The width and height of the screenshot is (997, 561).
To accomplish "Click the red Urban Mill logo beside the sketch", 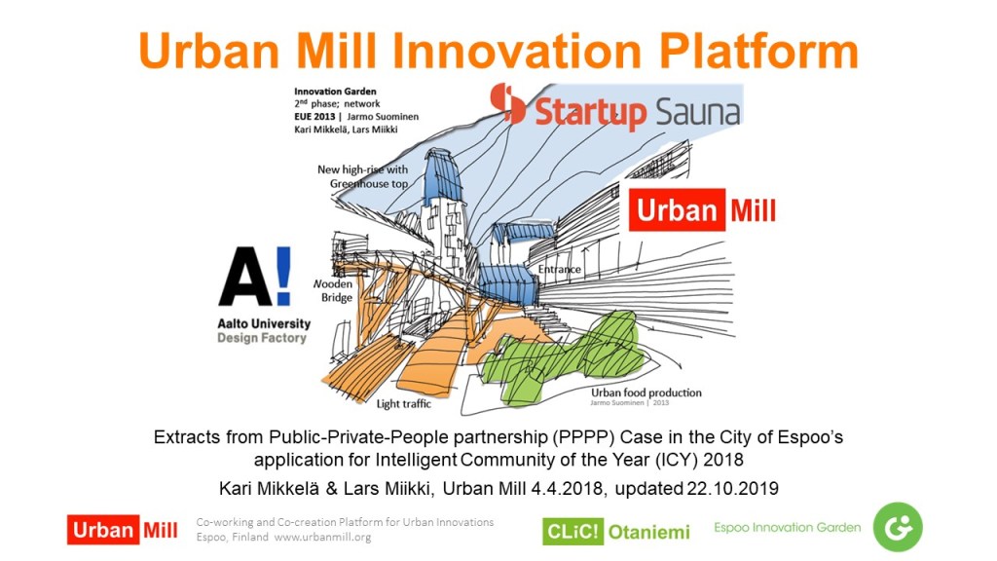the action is pyautogui.click(x=704, y=210).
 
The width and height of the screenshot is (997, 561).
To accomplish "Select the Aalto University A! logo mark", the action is pyautogui.click(x=255, y=276).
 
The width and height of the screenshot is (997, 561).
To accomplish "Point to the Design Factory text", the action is pyautogui.click(x=262, y=338).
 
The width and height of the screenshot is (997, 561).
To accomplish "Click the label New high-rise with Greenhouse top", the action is pyautogui.click(x=363, y=177).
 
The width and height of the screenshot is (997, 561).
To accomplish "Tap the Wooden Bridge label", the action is pyautogui.click(x=333, y=290).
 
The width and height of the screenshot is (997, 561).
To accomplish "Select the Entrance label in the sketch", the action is pyautogui.click(x=560, y=269).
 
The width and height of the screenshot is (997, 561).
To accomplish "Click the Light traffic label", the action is pyautogui.click(x=404, y=404).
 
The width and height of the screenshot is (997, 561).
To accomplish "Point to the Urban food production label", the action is pyautogui.click(x=646, y=393).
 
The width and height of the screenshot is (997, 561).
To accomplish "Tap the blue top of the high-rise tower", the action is pyautogui.click(x=444, y=175).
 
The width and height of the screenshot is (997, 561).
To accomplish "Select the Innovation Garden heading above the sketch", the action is pyautogui.click(x=335, y=92).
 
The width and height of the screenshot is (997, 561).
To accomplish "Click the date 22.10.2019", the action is pyautogui.click(x=732, y=489).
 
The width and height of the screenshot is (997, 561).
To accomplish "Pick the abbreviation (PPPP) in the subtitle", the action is pyautogui.click(x=584, y=437).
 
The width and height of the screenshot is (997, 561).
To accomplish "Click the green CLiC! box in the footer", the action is pyautogui.click(x=572, y=531).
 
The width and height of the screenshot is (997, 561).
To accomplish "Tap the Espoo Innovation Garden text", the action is pyautogui.click(x=787, y=527).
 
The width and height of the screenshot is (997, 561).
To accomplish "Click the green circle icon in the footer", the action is pyautogui.click(x=897, y=527).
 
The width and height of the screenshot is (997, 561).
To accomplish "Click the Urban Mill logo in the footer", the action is pyautogui.click(x=123, y=530).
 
